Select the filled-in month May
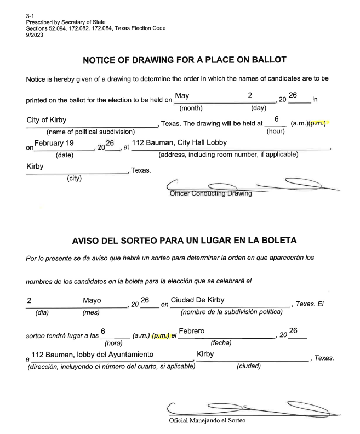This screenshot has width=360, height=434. pos(182,96)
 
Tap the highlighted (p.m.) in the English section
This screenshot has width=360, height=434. pos(318,123)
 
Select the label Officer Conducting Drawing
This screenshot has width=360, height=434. pos(211,193)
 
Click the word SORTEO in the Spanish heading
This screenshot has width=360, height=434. pos(140,241)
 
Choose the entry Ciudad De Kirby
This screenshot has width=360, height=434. pos(197,300)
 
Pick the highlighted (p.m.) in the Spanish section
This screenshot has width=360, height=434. pos(161,335)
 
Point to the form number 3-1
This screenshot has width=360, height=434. pos(29,16)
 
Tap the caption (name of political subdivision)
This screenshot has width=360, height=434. pos(90,132)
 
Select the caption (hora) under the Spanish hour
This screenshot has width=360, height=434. pos(113,343)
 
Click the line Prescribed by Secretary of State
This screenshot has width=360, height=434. pos(65,22)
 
